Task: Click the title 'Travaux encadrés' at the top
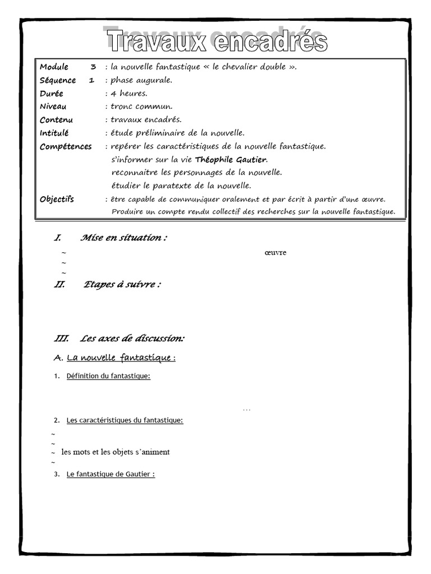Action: (216, 41)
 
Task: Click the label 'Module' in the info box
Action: (54, 67)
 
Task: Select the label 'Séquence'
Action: (58, 81)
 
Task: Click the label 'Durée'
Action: (52, 94)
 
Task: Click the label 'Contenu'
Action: (56, 120)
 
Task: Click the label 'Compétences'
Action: (66, 147)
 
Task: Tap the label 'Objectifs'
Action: (57, 200)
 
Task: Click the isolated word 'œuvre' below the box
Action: (275, 253)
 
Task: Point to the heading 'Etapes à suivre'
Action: (122, 285)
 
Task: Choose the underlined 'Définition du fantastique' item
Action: (108, 376)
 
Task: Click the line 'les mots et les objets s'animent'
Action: (115, 452)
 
